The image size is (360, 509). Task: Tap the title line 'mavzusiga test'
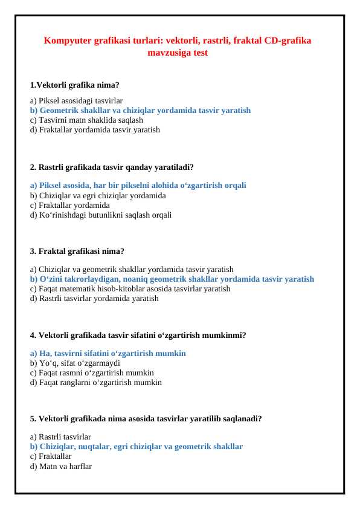click(x=178, y=53)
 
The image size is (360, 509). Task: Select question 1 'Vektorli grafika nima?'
click(x=74, y=85)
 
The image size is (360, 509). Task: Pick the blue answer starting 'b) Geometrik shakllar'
click(x=140, y=111)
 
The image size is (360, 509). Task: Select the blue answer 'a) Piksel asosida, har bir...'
click(x=138, y=186)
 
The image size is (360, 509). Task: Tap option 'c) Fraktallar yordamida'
click(x=69, y=205)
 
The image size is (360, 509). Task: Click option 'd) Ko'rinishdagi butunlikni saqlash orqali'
click(x=100, y=215)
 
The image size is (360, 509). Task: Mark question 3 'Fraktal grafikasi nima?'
click(x=77, y=251)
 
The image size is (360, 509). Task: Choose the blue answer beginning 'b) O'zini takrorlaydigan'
click(x=172, y=279)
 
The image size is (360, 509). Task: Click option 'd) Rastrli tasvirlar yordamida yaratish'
click(x=94, y=298)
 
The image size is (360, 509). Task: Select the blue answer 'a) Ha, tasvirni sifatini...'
click(x=108, y=353)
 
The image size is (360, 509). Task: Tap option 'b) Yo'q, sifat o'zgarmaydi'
click(x=75, y=363)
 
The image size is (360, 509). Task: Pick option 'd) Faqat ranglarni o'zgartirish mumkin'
click(x=95, y=382)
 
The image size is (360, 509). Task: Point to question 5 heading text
click(x=146, y=418)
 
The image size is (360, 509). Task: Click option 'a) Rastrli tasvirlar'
click(x=60, y=436)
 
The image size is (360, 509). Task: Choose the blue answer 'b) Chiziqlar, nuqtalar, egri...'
click(x=137, y=447)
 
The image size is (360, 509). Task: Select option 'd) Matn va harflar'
click(x=61, y=466)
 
